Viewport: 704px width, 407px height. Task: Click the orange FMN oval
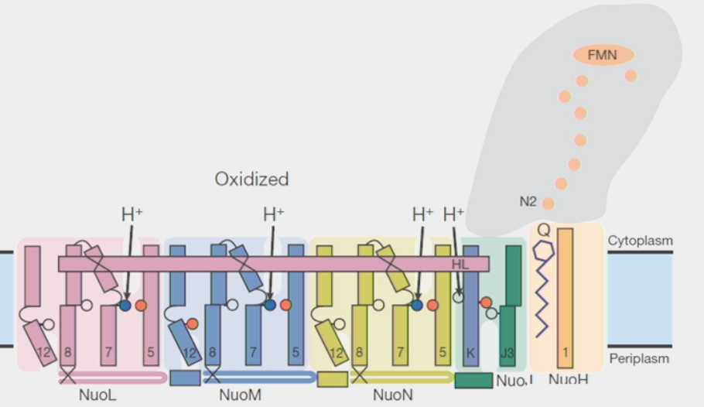point(603,55)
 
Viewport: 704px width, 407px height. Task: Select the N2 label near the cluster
point(528,202)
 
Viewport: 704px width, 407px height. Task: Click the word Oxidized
point(251,179)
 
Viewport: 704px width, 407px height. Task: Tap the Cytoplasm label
point(640,241)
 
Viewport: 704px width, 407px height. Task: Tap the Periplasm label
point(639,358)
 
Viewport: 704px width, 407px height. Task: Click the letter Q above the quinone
point(543,230)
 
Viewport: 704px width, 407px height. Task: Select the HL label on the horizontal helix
point(460,265)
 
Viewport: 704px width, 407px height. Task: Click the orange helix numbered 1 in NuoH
point(566,294)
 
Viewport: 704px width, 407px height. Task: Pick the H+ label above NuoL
point(132,214)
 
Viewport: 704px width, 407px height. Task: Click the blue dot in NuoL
point(125,306)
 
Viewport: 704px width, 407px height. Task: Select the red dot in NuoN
point(432,306)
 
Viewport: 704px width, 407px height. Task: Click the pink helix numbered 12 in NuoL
point(39,344)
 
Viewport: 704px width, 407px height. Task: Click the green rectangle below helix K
point(473,381)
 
